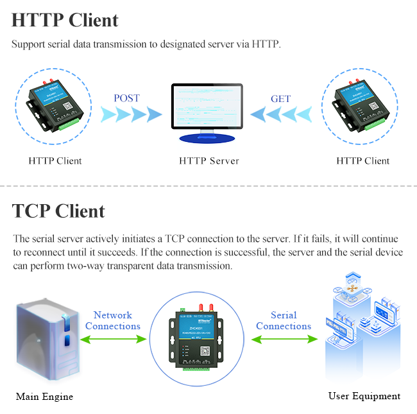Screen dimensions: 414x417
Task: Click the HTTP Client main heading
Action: coord(65,20)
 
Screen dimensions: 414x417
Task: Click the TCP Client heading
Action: coord(58,211)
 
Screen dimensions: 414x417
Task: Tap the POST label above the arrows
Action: coord(126,99)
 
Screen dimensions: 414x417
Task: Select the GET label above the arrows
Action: coord(280,99)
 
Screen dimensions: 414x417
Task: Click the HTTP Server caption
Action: coord(209,160)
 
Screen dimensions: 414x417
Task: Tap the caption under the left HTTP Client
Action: coord(55,160)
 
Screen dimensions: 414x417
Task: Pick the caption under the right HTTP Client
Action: coord(363,160)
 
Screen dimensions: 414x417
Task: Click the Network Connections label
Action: coord(113,320)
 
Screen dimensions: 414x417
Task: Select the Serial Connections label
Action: coord(284,320)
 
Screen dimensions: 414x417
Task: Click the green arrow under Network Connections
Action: coord(113,339)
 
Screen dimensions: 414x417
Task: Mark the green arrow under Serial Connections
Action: coord(284,339)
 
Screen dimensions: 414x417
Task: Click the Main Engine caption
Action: coord(44,396)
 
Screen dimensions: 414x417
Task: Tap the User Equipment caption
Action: coord(364,396)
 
